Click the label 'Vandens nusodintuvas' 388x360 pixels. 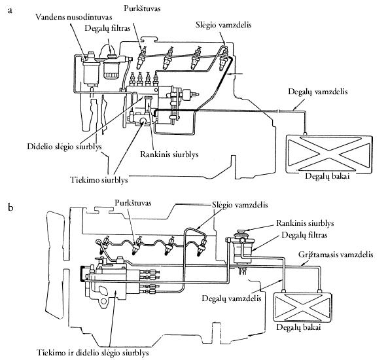(x=73, y=17)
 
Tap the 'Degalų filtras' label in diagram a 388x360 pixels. (x=107, y=28)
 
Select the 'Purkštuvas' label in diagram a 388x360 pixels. (x=142, y=9)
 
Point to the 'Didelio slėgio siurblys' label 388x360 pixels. (x=64, y=147)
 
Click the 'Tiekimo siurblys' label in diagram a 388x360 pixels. (x=99, y=179)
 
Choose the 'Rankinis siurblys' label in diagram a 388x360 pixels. (x=169, y=154)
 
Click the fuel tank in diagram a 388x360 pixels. (x=329, y=154)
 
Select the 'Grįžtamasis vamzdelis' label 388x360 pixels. (x=336, y=255)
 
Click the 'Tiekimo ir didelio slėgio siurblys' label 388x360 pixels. (x=93, y=353)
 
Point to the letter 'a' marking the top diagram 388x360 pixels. (x=10, y=11)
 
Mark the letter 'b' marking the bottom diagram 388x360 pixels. (x=10, y=207)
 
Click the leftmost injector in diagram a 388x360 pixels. (x=141, y=58)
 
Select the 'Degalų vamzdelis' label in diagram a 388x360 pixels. (x=318, y=92)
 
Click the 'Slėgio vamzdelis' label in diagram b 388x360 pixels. (x=239, y=205)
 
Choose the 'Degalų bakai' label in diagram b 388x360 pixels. (x=298, y=327)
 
